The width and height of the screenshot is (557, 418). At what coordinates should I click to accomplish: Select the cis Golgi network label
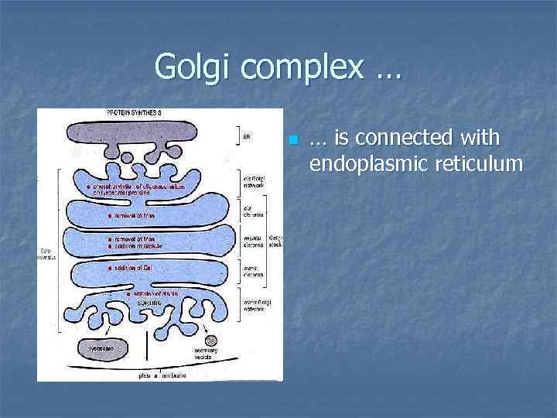[x=254, y=181]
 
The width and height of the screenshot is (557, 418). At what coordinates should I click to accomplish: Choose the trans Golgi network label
[x=255, y=305]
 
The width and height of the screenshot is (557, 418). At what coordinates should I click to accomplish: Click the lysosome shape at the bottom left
[x=99, y=348]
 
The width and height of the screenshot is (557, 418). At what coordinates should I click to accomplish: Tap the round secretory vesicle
[x=210, y=339]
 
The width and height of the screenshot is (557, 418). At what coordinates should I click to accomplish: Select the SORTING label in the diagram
[x=150, y=303]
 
